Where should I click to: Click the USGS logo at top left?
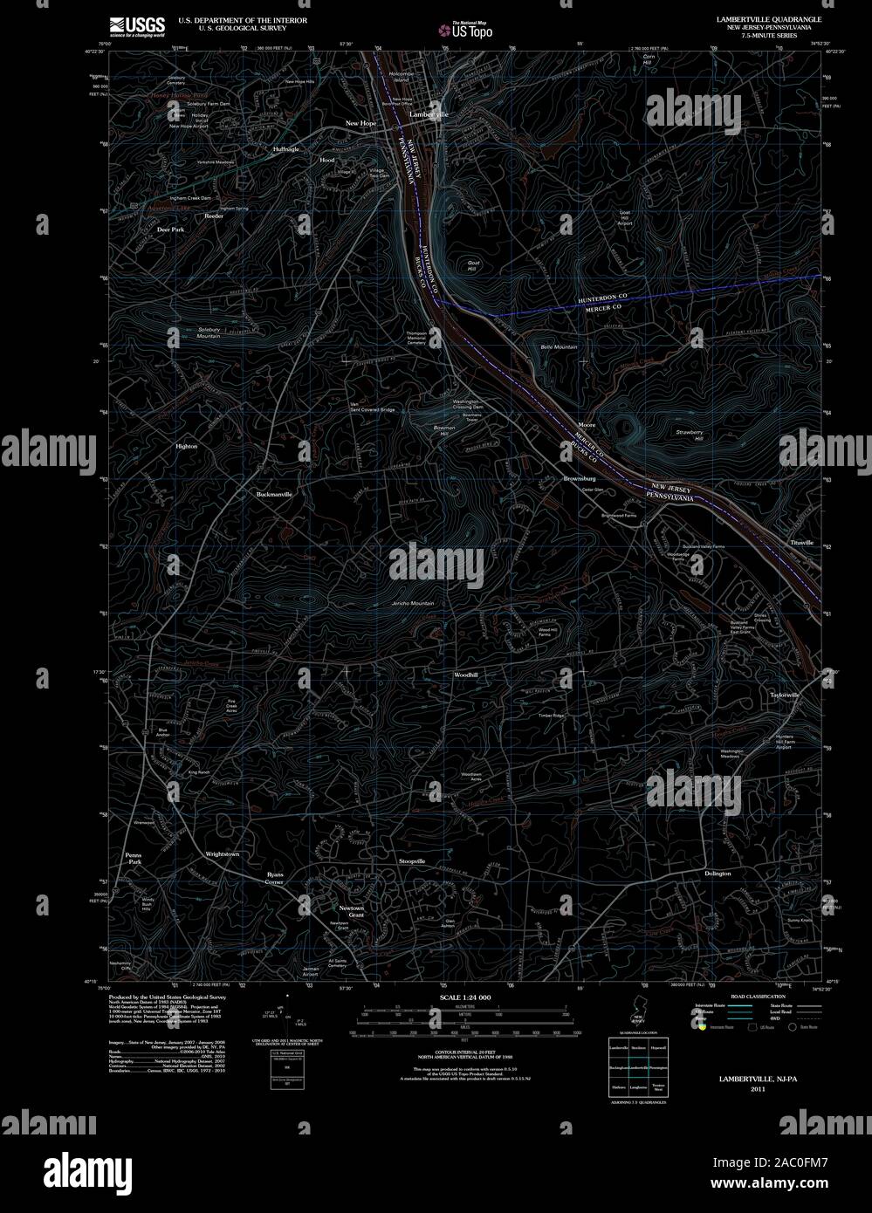coord(138,25)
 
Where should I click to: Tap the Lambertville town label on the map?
coord(429,114)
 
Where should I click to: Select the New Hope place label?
coord(360,123)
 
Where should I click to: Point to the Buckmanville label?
coord(274,494)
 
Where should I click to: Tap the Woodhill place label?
coord(465,675)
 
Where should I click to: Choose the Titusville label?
coord(801,543)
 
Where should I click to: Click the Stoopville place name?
coord(412,861)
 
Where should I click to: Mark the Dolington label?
coord(718,873)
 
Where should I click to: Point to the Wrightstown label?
coord(223,853)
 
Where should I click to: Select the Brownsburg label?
coord(580,478)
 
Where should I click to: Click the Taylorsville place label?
coord(784,695)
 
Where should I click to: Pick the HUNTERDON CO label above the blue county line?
coord(603,298)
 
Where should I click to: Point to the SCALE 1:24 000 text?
coord(466,997)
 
